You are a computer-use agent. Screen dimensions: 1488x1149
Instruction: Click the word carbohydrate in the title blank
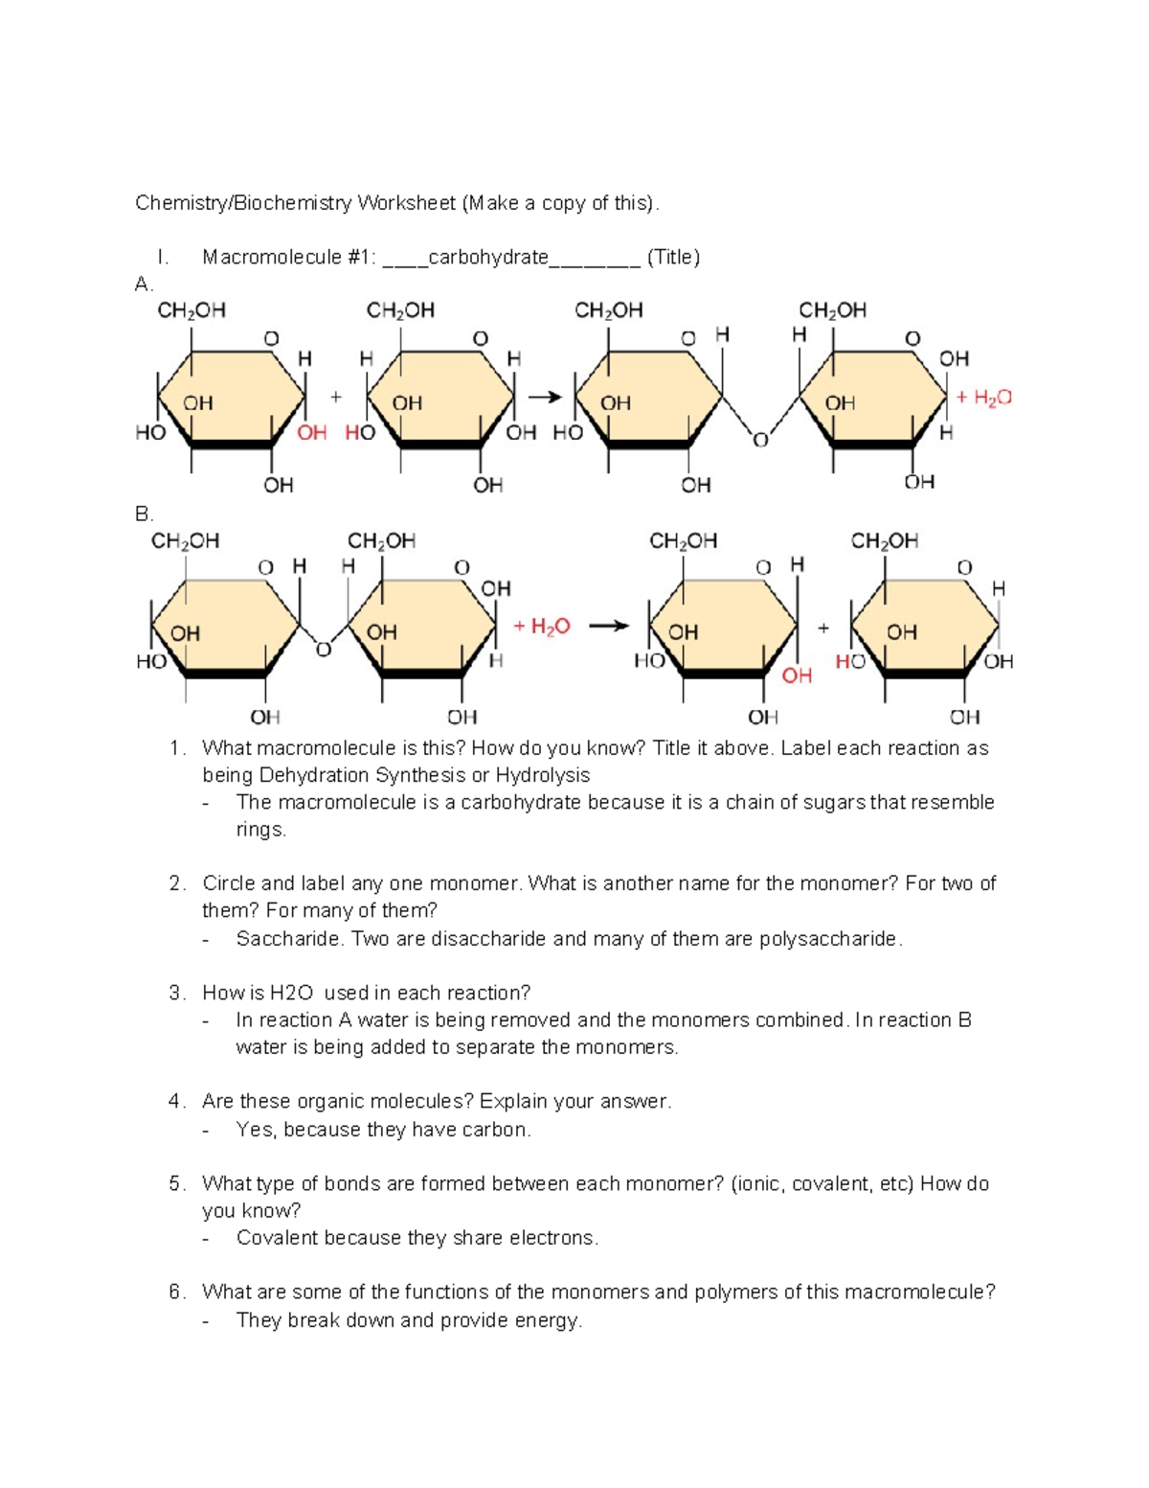(488, 257)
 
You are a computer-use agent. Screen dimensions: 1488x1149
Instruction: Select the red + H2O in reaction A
(984, 398)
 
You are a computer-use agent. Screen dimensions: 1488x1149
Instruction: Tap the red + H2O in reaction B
(542, 627)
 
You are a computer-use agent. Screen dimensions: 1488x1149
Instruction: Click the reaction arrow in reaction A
(545, 397)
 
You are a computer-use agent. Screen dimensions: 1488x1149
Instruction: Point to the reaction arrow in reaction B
(609, 626)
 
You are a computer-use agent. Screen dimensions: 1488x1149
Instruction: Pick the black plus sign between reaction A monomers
(336, 397)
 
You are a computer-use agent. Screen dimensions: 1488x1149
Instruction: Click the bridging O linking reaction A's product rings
(760, 440)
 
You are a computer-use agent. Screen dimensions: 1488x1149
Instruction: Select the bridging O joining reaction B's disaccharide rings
(324, 650)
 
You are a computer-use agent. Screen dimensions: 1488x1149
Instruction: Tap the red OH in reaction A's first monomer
(312, 433)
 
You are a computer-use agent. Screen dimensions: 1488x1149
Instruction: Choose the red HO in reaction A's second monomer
(360, 433)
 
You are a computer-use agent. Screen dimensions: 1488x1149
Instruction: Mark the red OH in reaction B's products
(797, 675)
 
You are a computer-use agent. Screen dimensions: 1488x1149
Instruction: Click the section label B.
(144, 515)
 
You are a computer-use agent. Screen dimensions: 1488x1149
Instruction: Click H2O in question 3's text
(291, 993)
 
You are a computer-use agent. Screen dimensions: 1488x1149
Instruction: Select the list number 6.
(175, 1292)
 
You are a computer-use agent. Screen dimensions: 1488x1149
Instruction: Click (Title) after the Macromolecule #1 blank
(674, 257)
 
